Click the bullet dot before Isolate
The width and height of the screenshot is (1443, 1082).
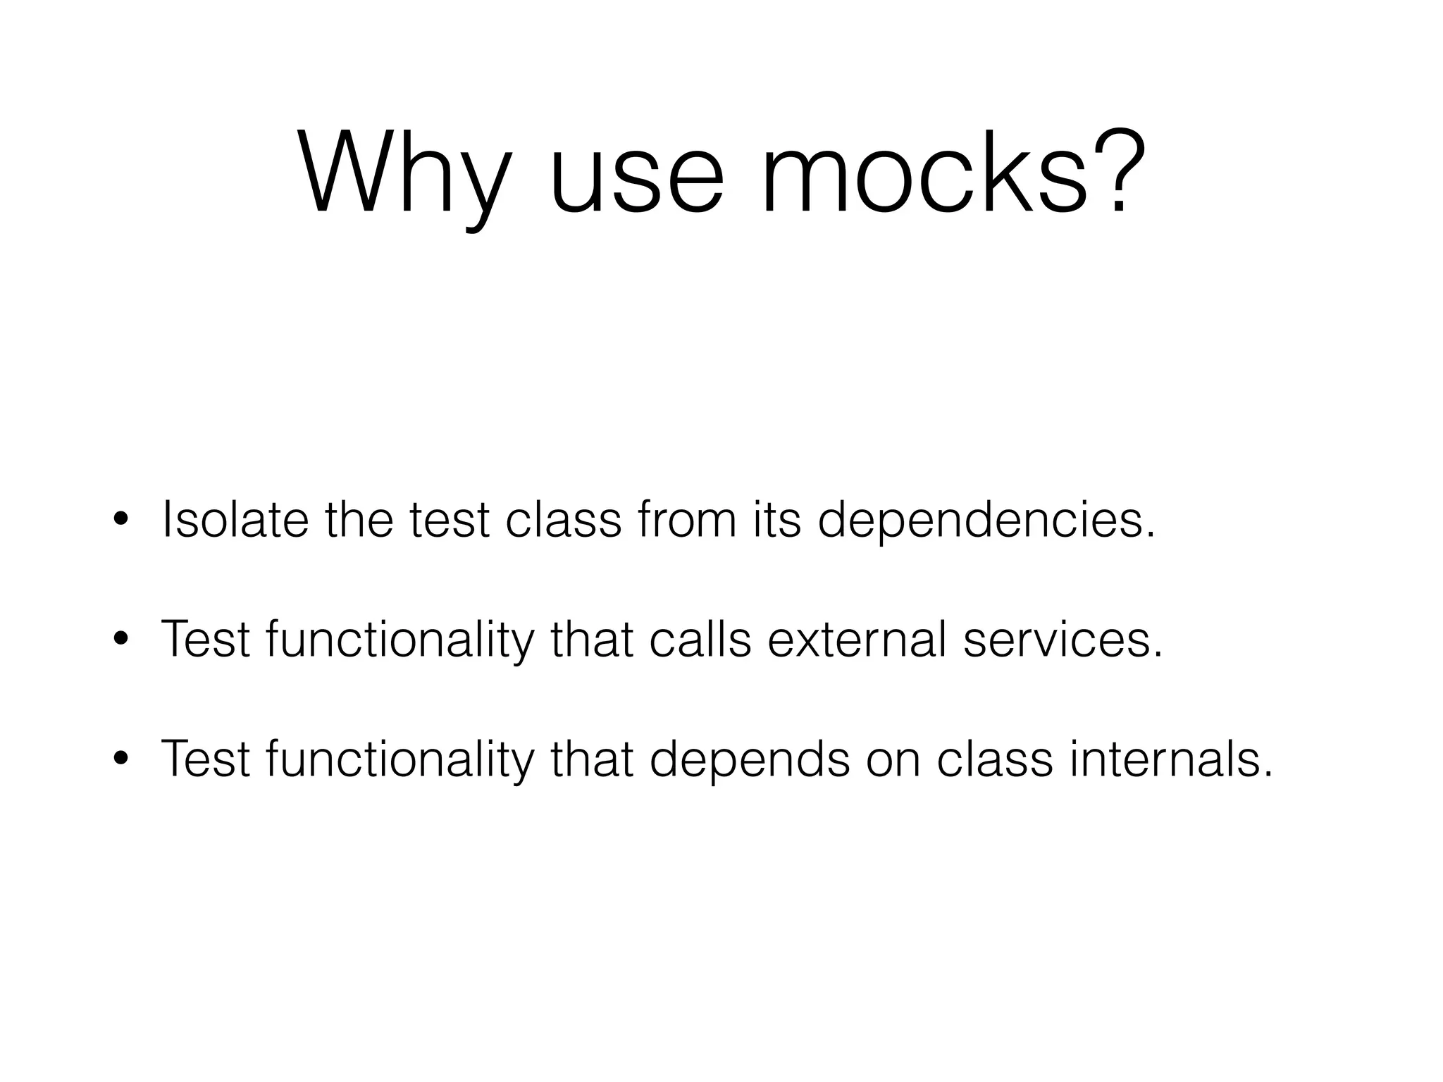pos(121,522)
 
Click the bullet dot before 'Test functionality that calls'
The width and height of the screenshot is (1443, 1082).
pos(121,640)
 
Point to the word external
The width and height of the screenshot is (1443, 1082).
pos(857,639)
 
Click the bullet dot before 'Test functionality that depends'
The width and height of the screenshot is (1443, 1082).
pos(121,759)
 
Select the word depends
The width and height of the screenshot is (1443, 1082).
pos(749,760)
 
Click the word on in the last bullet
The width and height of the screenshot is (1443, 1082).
pos(893,760)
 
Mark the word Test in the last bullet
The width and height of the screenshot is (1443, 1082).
pos(206,759)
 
